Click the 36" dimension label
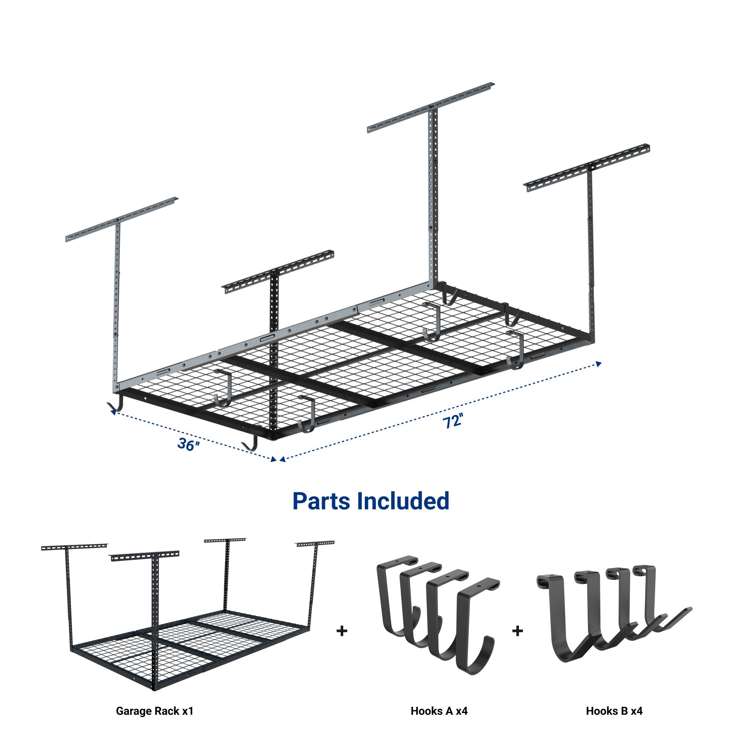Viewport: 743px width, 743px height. click(x=188, y=445)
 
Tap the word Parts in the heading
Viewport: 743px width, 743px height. click(x=321, y=502)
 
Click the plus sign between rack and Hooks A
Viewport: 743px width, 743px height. click(x=341, y=631)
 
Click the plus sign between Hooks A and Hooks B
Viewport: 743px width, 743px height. click(x=517, y=631)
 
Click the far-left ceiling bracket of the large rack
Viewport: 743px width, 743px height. click(x=122, y=220)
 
